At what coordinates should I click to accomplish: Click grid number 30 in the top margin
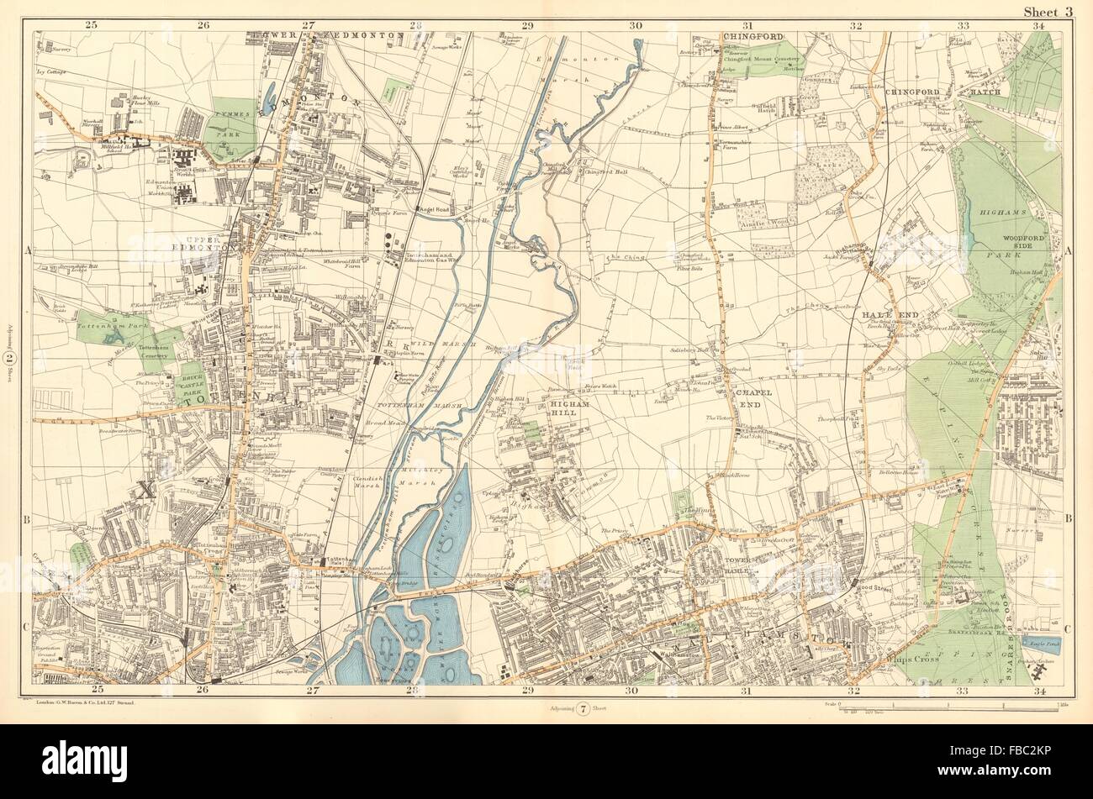pos(635,25)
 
